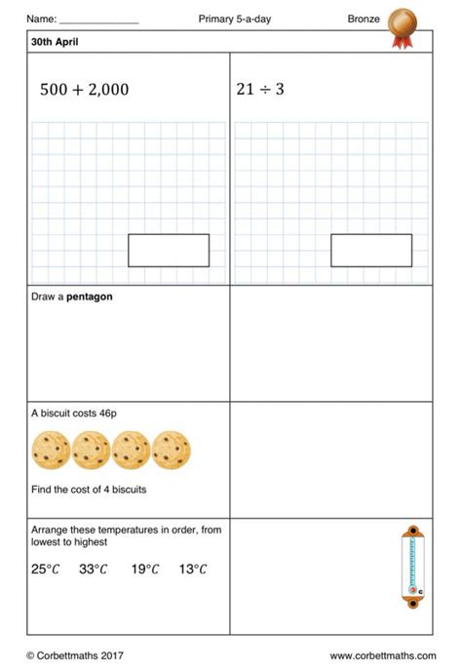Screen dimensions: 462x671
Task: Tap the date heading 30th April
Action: click(x=55, y=43)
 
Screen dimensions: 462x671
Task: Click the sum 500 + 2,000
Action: click(x=84, y=90)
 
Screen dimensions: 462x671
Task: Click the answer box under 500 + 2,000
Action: click(x=169, y=251)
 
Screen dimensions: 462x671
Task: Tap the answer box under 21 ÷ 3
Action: click(x=370, y=251)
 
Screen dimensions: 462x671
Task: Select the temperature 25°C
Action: click(x=45, y=570)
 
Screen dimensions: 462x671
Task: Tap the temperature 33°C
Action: click(x=94, y=570)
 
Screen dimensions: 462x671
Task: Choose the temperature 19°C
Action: click(x=145, y=570)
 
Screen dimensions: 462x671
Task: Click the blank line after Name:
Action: click(x=99, y=20)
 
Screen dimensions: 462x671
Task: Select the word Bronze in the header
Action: click(x=363, y=19)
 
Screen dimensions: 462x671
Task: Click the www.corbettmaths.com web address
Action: click(x=380, y=655)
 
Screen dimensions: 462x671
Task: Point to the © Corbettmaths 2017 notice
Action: click(x=75, y=655)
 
